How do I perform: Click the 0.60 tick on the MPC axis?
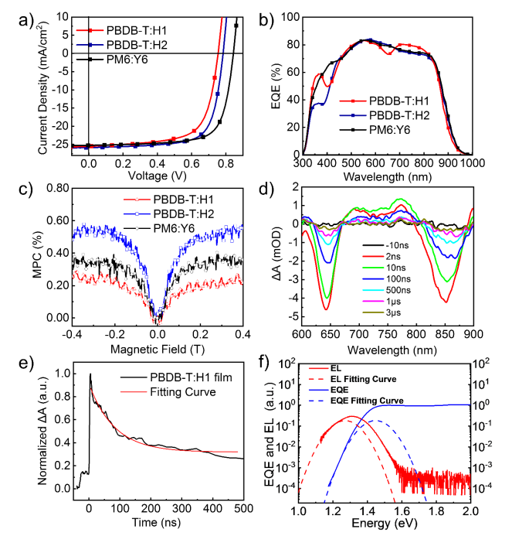pos(63,221)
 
